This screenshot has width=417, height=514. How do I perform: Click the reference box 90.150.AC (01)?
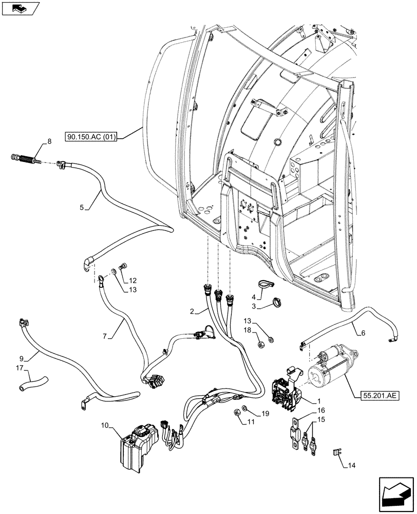[x=92, y=137]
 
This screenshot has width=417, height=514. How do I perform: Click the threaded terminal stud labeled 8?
[x=25, y=158]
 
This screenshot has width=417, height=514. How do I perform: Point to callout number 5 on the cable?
[x=82, y=208]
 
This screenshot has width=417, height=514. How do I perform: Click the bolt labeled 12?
[x=123, y=266]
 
